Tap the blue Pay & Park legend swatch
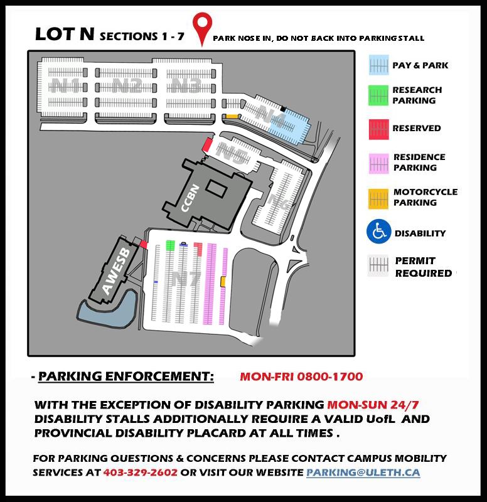pos(378,65)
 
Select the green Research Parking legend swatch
pos(378,95)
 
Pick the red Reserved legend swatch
pos(378,128)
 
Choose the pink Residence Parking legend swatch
pos(378,163)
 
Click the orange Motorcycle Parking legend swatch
pos(378,198)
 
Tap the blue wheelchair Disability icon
pos(378,233)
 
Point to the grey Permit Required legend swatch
pos(378,267)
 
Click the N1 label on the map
pos(66,86)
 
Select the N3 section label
pos(186,86)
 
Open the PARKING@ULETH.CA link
pos(363,471)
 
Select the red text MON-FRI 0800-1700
pos(301,376)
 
